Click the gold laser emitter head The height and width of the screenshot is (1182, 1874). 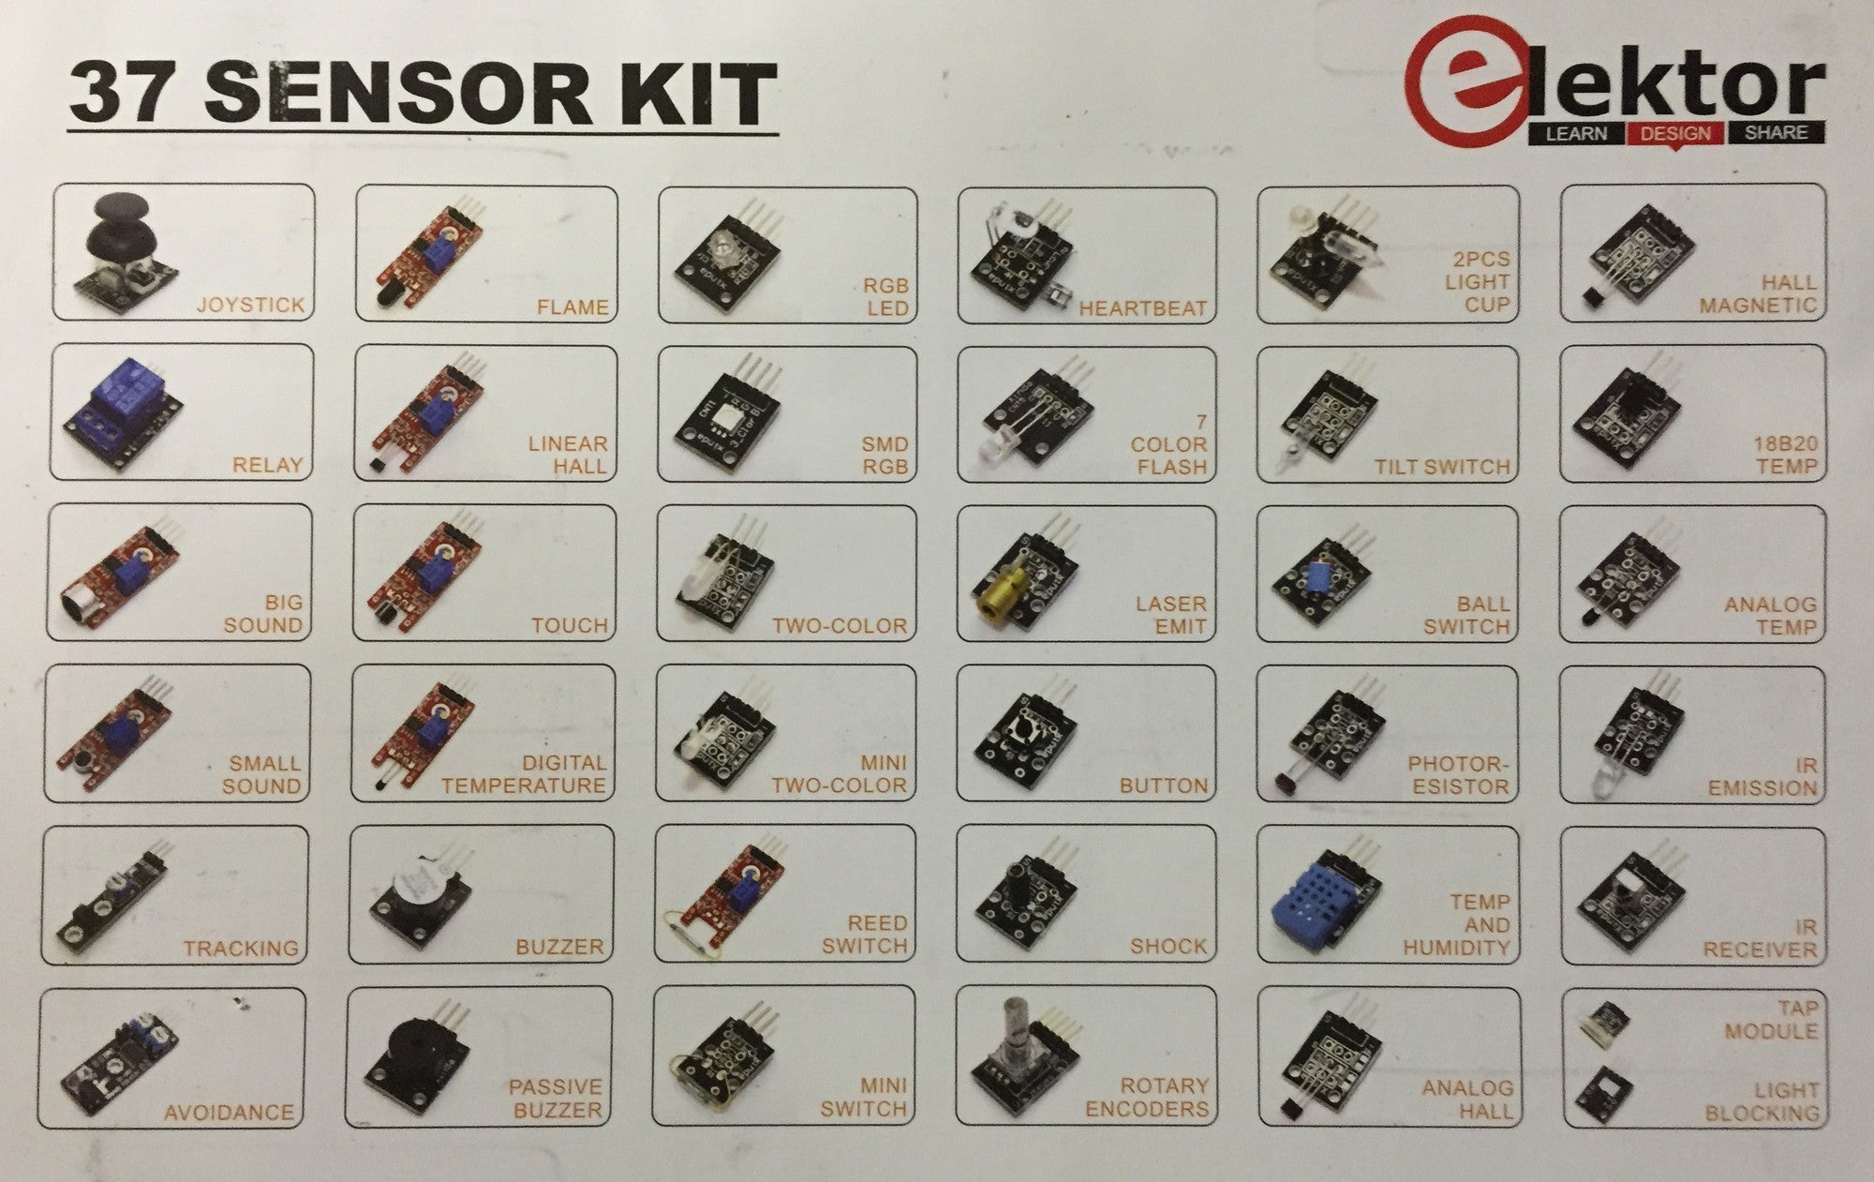coord(997,593)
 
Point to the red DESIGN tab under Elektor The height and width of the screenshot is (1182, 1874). coord(1675,133)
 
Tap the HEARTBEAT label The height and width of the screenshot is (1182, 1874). coord(1142,308)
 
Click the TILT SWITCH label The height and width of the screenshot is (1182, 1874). coord(1442,467)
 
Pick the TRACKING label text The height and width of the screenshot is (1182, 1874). coord(241,949)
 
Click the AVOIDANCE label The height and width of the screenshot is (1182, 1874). coord(229,1113)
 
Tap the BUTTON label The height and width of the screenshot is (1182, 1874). coord(1163,786)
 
